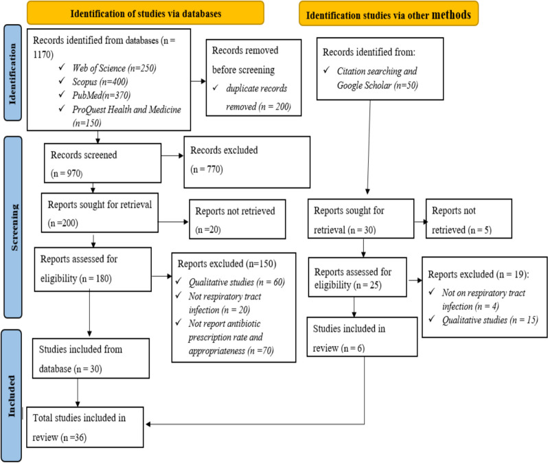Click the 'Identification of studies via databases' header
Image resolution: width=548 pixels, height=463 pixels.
tap(146, 13)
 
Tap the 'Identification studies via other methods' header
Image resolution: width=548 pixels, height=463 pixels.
tap(388, 14)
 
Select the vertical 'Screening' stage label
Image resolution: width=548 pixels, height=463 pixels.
tap(13, 227)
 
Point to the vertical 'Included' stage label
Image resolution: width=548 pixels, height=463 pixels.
tap(11, 396)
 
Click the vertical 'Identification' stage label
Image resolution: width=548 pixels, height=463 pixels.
tap(12, 73)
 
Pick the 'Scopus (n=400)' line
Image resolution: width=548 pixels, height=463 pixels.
tap(100, 82)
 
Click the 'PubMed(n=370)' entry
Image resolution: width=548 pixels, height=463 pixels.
tap(102, 95)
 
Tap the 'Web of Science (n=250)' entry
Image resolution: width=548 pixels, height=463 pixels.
tap(114, 68)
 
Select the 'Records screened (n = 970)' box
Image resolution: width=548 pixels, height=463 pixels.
tap(103, 163)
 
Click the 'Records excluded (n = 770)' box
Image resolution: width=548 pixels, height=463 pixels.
tap(247, 162)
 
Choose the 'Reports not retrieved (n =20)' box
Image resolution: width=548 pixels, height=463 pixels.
tap(238, 219)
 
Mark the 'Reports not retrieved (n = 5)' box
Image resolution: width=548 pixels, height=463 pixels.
tap(468, 218)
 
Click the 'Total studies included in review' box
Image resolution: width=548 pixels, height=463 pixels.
tap(85, 427)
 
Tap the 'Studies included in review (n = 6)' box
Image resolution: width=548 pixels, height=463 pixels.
tap(362, 337)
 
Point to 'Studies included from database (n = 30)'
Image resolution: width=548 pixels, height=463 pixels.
tap(91, 359)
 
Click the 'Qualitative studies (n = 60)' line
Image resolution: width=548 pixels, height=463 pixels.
tap(237, 282)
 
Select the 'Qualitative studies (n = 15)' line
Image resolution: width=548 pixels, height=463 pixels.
tap(490, 320)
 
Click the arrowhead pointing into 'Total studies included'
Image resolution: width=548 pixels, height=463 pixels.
tap(148, 424)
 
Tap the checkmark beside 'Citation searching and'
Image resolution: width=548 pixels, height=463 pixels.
tap(326, 70)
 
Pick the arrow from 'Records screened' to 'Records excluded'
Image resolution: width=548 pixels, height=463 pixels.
tap(172, 156)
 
